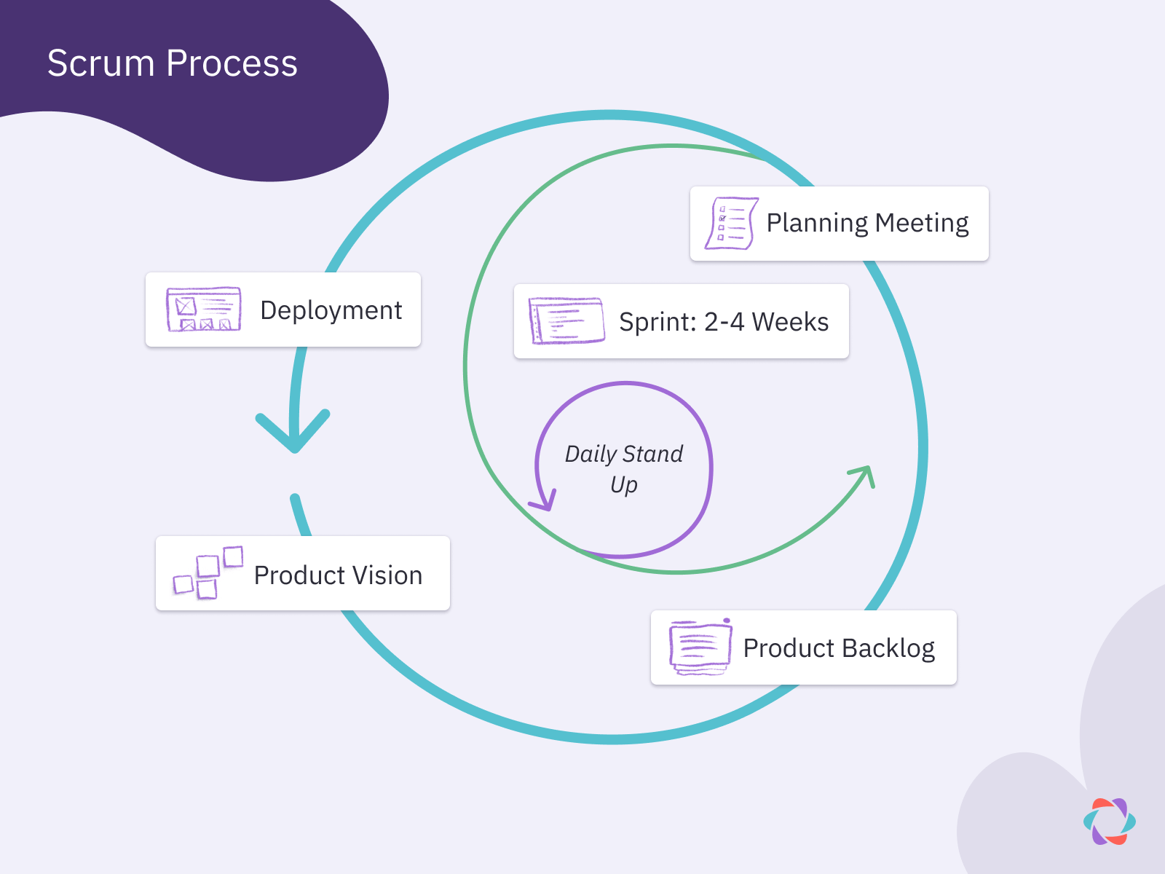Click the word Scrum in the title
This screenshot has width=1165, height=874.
click(100, 64)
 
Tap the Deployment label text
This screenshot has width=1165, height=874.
click(331, 310)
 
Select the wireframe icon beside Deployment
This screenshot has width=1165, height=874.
click(203, 310)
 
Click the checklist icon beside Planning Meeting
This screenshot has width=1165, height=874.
click(730, 223)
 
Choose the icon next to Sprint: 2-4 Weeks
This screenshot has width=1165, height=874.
click(566, 320)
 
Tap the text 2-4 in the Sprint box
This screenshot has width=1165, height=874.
click(723, 322)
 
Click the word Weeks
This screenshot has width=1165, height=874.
click(790, 322)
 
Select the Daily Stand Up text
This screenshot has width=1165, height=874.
click(624, 468)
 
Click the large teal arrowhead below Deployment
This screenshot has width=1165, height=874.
click(293, 433)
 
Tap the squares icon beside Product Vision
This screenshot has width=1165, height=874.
click(207, 573)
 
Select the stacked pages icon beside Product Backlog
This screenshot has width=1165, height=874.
click(700, 647)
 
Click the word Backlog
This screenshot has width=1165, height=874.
click(888, 648)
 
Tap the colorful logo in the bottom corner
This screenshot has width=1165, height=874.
click(1109, 822)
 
